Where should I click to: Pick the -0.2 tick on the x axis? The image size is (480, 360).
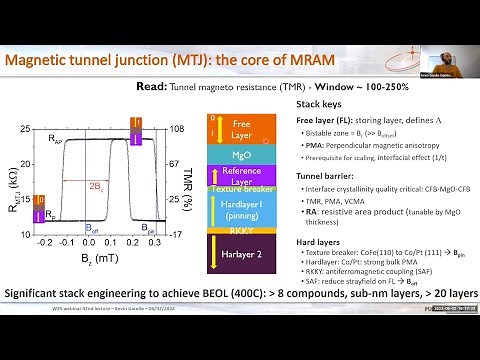(x=44, y=243)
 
